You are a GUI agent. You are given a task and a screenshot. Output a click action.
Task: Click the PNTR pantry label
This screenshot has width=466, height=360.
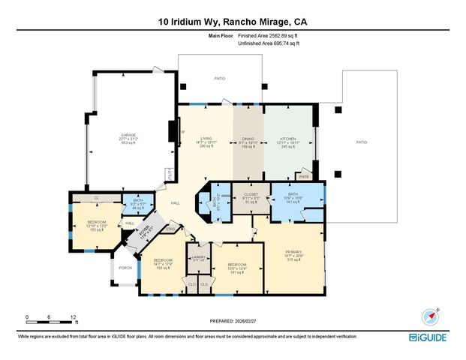point(305,177)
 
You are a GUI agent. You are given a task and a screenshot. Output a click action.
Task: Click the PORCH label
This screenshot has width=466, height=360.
point(125,268)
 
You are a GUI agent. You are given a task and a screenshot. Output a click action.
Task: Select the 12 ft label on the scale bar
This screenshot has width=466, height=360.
point(73,317)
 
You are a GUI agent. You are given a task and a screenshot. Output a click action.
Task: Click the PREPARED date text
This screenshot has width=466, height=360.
point(233,322)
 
